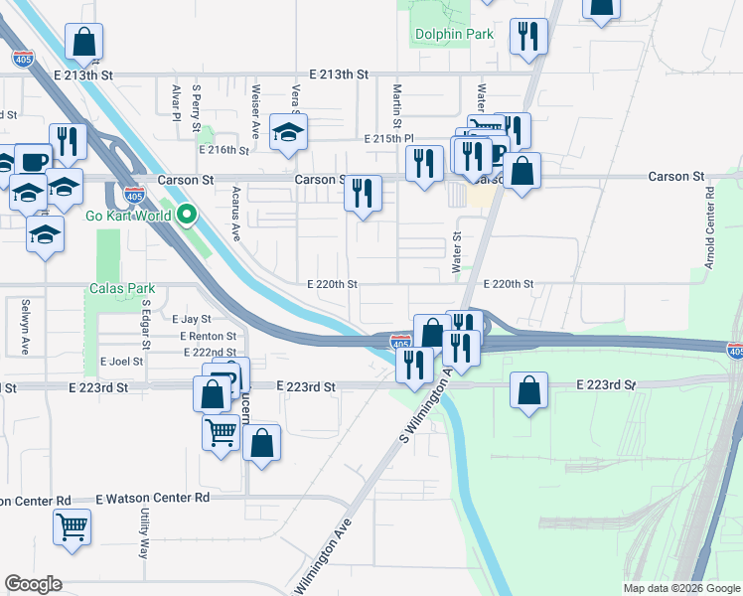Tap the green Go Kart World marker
[186, 214]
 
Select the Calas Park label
[122, 289]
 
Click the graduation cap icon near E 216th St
[288, 133]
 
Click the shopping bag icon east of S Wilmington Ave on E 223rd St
[529, 390]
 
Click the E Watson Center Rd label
[153, 498]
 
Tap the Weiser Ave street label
[256, 109]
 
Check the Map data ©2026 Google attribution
[680, 588]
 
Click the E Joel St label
[122, 362]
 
